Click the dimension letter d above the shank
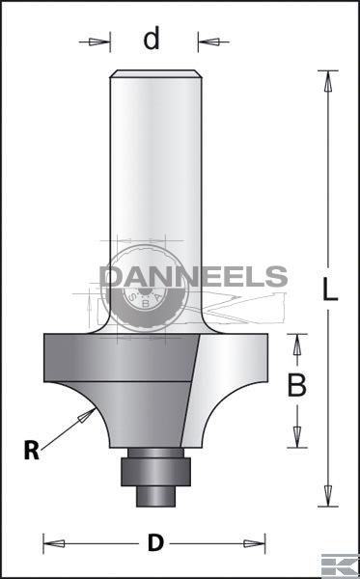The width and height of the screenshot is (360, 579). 152,38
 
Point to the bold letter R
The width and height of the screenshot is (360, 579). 32,451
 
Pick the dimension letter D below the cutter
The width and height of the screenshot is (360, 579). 155,542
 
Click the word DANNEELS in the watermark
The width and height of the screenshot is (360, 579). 193,277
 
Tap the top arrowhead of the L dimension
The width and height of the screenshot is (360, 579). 327,81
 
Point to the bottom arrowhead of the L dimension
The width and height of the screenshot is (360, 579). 327,496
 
